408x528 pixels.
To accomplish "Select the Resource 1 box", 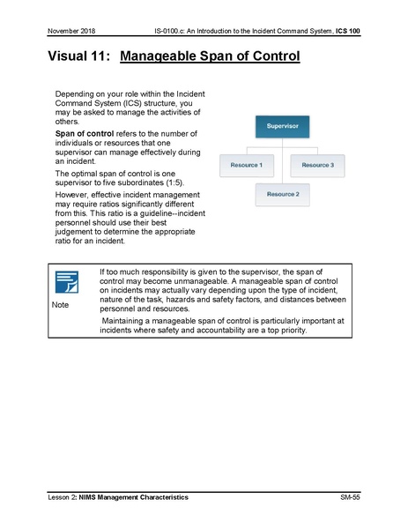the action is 246,165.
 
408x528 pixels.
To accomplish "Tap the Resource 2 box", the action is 282,194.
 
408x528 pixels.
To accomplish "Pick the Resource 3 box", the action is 317,165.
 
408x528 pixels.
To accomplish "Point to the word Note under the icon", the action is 60,305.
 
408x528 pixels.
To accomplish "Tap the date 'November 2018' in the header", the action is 71,32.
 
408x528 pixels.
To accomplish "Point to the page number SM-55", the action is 350,498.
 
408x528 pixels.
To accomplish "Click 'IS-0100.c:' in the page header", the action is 171,32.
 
